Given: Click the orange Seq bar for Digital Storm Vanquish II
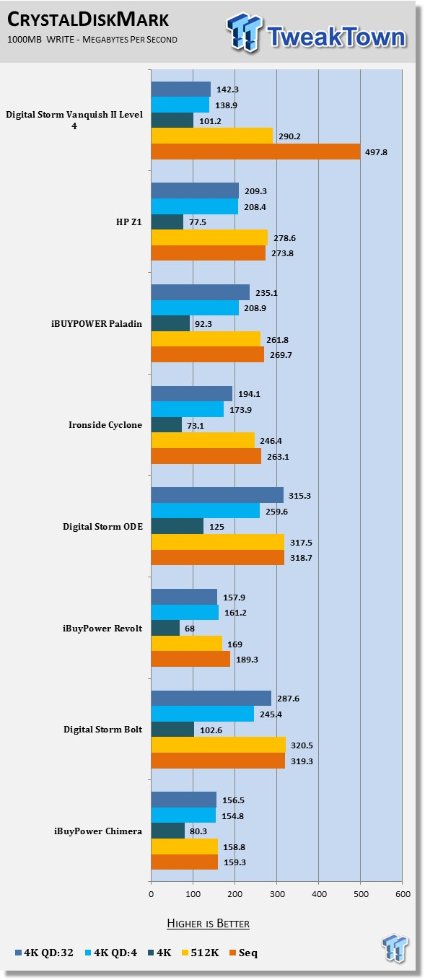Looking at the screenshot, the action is [255, 152].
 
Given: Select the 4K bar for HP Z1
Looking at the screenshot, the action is [167, 222].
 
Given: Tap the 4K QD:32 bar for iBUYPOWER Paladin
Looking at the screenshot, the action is [201, 292].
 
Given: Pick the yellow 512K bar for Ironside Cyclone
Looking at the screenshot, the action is [203, 440].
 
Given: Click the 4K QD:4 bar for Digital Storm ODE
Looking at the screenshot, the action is [206, 510].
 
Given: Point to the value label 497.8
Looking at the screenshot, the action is [376, 152].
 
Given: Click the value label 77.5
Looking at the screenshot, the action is [198, 222].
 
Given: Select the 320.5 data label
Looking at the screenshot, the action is [302, 745].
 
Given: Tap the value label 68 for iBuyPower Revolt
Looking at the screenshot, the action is [190, 629].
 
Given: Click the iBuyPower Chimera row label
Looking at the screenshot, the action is [98, 831].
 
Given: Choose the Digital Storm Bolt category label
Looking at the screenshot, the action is [102, 730].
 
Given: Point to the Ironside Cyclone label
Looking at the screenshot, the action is [105, 425].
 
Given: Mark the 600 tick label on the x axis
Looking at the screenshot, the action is [403, 894].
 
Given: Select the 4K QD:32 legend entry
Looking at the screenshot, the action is [44, 953].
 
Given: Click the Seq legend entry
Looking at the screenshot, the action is [244, 953].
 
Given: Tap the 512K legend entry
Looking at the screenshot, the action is [201, 953].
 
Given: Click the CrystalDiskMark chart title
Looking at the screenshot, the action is [88, 19].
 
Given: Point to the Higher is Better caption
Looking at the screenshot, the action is [208, 924].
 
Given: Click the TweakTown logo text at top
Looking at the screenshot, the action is [336, 36].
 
